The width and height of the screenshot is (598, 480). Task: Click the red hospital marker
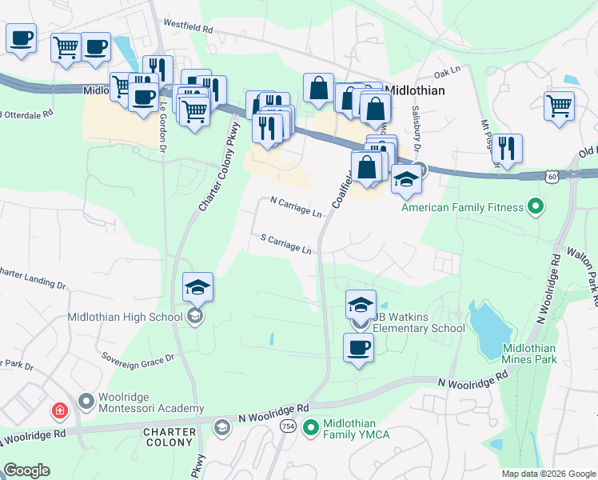(59, 412)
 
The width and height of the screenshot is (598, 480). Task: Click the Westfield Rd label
(188, 26)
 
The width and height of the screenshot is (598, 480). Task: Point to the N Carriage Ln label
(296, 208)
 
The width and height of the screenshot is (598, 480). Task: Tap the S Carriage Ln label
(286, 244)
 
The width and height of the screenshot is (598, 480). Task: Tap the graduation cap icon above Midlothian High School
(197, 286)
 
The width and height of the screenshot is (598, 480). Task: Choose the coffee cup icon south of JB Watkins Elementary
(358, 348)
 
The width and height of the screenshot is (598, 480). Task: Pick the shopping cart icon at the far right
(559, 105)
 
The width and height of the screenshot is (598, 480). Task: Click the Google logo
(26, 470)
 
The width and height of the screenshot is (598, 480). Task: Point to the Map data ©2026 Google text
(548, 474)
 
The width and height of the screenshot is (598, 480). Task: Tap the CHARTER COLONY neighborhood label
(169, 437)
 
